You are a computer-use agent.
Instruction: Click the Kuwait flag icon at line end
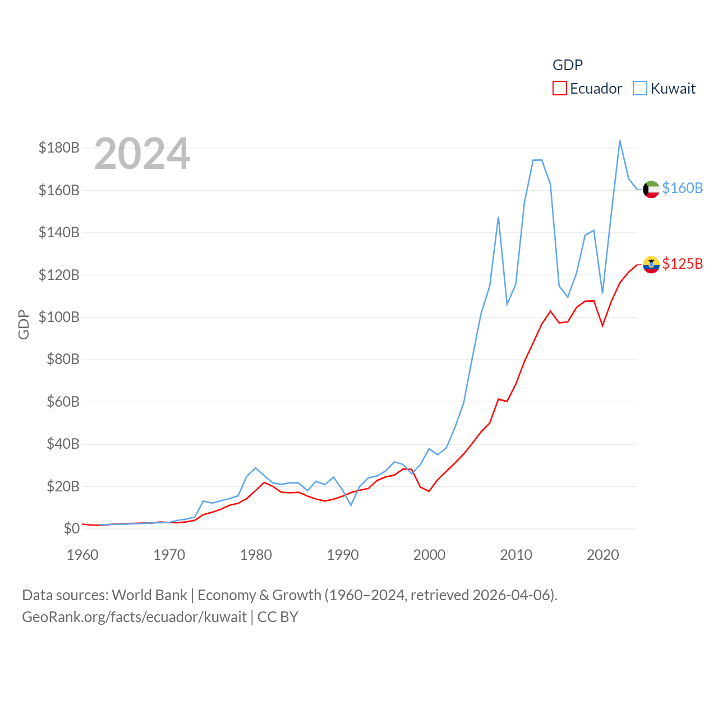[x=651, y=190]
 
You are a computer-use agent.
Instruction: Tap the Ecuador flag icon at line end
[x=651, y=264]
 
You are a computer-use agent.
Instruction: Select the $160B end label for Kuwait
[x=682, y=188]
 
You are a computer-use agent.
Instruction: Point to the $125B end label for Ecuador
[x=682, y=264]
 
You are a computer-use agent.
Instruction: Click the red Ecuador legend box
[x=559, y=89]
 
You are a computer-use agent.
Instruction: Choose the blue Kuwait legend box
[x=639, y=89]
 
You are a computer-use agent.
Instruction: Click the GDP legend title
[x=567, y=65]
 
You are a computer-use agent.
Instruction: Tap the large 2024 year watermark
[x=142, y=154]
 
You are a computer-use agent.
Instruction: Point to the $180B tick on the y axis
[x=59, y=148]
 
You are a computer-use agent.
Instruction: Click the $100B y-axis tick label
[x=59, y=317]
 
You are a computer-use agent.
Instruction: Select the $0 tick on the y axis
[x=71, y=528]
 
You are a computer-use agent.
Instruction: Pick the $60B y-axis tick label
[x=63, y=402]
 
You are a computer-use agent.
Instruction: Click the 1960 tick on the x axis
[x=82, y=555]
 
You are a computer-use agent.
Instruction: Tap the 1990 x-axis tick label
[x=343, y=555]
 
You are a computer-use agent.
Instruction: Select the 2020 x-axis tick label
[x=602, y=555]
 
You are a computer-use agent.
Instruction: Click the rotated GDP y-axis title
[x=24, y=324]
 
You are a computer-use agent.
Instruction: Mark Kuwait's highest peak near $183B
[x=620, y=141]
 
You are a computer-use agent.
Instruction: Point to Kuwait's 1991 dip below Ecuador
[x=351, y=505]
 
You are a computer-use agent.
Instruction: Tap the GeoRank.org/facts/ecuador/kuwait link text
[x=134, y=617]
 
